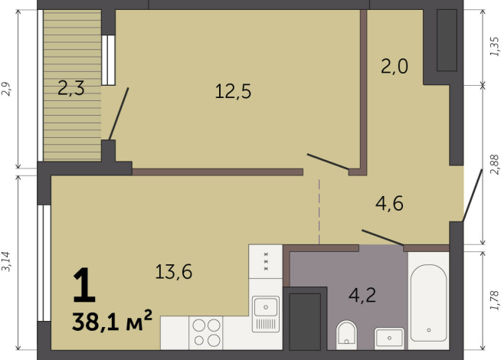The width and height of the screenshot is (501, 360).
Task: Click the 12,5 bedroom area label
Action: tap(233, 91)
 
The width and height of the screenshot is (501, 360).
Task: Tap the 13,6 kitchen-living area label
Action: tap(173, 272)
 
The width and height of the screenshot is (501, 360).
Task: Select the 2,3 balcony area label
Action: tap(71, 88)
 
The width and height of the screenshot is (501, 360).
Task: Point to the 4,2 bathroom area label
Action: tap(362, 295)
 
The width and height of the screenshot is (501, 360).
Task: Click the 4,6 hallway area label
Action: tap(389, 204)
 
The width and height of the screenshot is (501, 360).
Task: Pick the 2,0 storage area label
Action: tap(395, 67)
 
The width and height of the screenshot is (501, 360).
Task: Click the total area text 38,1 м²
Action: tap(112, 321)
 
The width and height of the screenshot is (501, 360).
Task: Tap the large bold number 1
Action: tap(84, 285)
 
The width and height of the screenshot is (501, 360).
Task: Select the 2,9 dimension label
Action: tap(6, 89)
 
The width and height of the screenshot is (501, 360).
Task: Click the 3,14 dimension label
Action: tap(6, 262)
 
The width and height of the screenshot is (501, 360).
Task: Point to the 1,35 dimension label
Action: tap(493, 47)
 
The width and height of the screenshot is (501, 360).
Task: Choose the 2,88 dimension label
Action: tap(494, 165)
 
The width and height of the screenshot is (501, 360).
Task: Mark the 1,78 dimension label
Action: tap(494, 300)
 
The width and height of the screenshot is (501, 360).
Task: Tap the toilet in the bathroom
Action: tap(346, 335)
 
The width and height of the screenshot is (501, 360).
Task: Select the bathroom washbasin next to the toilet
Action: tap(389, 339)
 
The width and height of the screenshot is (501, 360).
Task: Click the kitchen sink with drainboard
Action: tap(266, 314)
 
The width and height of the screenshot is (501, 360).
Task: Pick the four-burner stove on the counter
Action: tap(206, 333)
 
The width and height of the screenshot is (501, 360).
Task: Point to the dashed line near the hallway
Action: tap(319, 211)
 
